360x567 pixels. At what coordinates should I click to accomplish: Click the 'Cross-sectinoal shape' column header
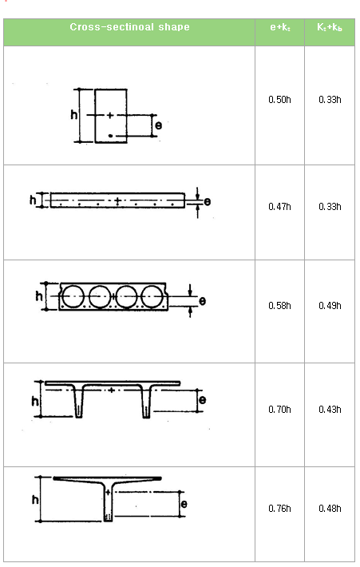coord(129,27)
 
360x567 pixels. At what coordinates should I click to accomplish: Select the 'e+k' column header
coord(279,27)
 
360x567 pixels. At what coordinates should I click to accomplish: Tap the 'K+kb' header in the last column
coord(330,27)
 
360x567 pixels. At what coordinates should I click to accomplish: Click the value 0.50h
coord(279,100)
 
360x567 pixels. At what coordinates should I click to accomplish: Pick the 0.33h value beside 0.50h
coord(330,100)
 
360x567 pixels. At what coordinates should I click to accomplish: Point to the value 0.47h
coord(279,206)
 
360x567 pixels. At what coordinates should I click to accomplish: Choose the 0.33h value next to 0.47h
coord(330,206)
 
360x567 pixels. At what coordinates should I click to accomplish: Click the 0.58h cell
coord(279,305)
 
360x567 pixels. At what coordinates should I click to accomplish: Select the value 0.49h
coord(330,305)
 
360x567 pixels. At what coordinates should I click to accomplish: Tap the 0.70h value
coord(279,409)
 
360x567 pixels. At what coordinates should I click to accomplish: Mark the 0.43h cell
coord(330,409)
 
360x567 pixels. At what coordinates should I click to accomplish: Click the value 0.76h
coord(279,508)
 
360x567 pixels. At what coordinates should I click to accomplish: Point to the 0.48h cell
coord(330,508)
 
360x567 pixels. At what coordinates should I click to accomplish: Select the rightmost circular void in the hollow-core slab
coord(152,296)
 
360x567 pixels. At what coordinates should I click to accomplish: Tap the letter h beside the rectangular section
coord(73,115)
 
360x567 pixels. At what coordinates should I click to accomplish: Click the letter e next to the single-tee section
coord(184,504)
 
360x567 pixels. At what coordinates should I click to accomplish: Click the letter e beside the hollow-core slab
coord(202,301)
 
